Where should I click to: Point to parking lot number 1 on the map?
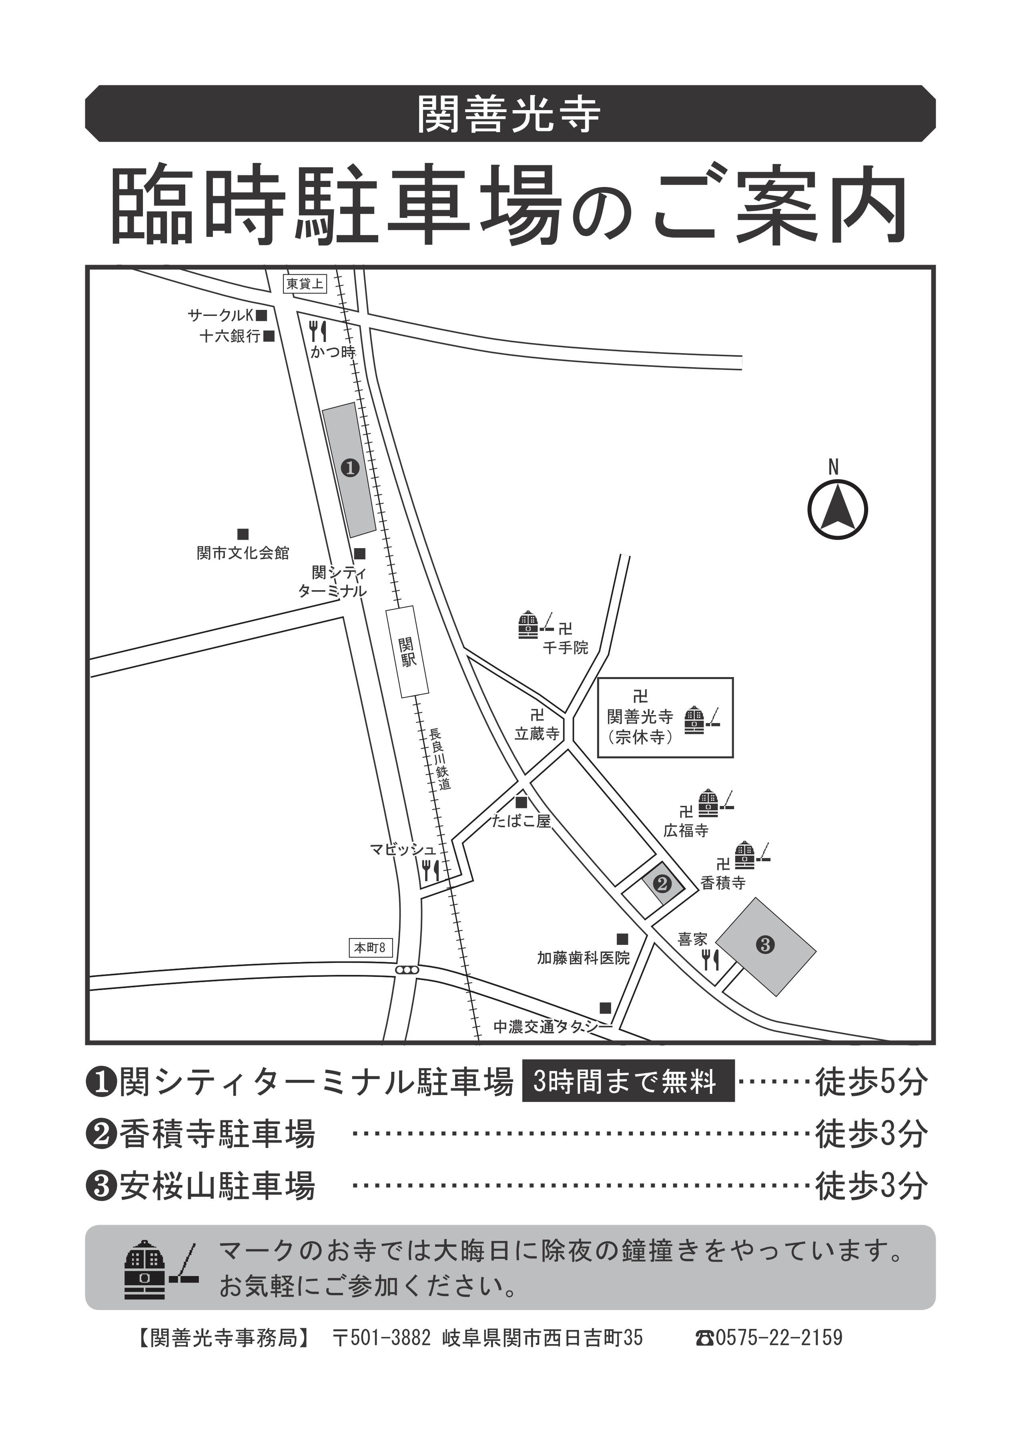[x=349, y=468]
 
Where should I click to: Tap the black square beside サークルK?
[x=261, y=314]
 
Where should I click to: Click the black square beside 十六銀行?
[x=269, y=336]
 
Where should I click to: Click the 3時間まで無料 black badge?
[x=628, y=1081]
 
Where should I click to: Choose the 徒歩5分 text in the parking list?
[x=871, y=1081]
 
